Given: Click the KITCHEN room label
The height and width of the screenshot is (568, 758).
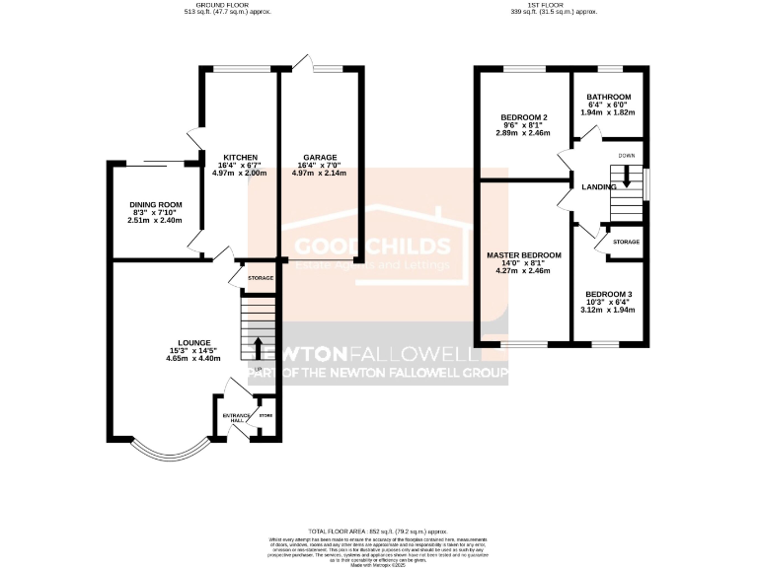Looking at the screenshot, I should coord(240,158).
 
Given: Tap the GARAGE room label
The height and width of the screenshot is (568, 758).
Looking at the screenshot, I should coord(320,158).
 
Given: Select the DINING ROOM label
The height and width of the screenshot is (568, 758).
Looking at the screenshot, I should coord(156,205).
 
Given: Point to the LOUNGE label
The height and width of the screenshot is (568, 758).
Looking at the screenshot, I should coord(193,342).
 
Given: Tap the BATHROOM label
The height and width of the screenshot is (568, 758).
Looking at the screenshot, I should coord(609,97).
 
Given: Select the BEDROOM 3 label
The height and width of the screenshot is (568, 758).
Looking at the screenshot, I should coord(609,294).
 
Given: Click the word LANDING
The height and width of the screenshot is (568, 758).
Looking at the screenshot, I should coord(599,186).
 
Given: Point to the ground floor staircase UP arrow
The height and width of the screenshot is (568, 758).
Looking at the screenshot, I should coord(260,348).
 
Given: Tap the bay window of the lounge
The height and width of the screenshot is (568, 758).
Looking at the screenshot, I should coord(159,452).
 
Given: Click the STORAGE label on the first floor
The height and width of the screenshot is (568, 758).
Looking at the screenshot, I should coord(626,242).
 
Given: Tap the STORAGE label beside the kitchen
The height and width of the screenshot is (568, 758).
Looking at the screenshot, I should coord(261,278).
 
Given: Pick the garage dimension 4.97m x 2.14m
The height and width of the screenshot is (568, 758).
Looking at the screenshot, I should coord(320,173).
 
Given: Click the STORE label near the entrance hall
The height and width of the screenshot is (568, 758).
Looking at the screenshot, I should coord(265,416).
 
